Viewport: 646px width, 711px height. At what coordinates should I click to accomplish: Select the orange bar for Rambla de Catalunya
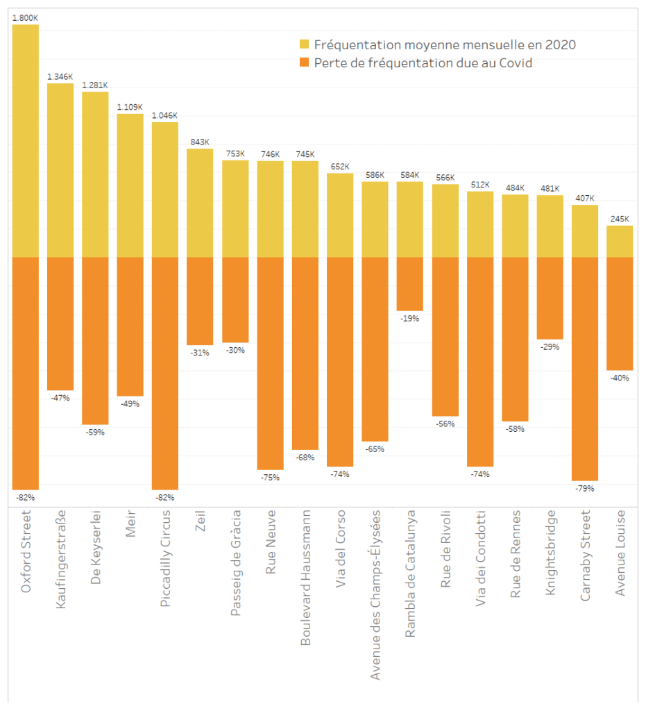coord(409,284)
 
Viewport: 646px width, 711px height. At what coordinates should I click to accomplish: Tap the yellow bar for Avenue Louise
coord(620,242)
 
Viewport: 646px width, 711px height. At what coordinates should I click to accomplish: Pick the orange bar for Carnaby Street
coord(584,369)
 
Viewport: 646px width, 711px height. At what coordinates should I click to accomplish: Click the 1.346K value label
coord(60,77)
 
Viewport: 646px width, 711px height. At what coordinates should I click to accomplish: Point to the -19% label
coord(409,319)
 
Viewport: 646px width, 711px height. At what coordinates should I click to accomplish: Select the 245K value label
coord(620,219)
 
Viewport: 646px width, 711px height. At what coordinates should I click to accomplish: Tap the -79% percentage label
coord(584,488)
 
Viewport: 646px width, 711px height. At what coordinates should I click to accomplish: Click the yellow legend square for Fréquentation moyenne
coord(304,44)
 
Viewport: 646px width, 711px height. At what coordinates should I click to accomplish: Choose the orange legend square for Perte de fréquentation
coord(304,63)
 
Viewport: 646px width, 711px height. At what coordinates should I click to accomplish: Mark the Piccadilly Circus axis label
coord(165,558)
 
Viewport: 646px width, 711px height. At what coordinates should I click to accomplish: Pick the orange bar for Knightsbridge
coord(550,298)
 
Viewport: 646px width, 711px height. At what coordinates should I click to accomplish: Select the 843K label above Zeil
coord(200,142)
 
